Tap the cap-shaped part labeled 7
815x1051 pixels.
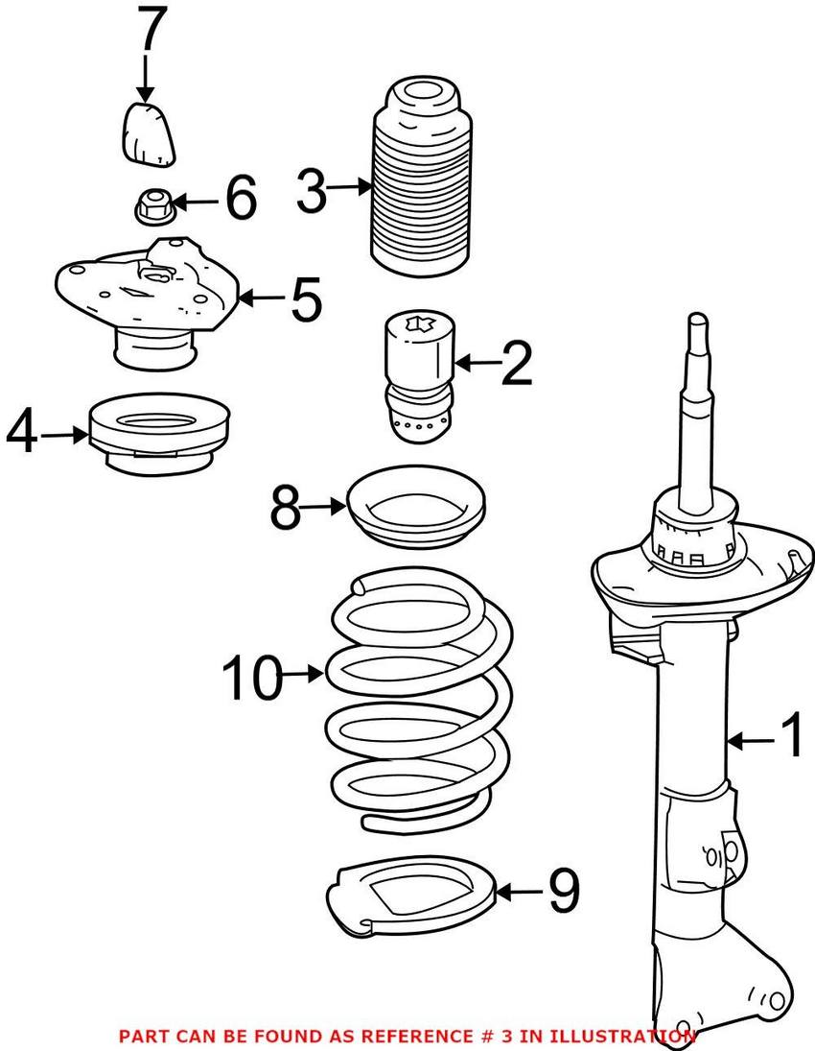coord(149,133)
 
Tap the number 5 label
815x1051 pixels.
coord(305,299)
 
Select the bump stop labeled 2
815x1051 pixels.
coord(418,379)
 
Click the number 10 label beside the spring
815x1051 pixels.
coord(252,678)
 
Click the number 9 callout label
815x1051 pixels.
coord(563,893)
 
